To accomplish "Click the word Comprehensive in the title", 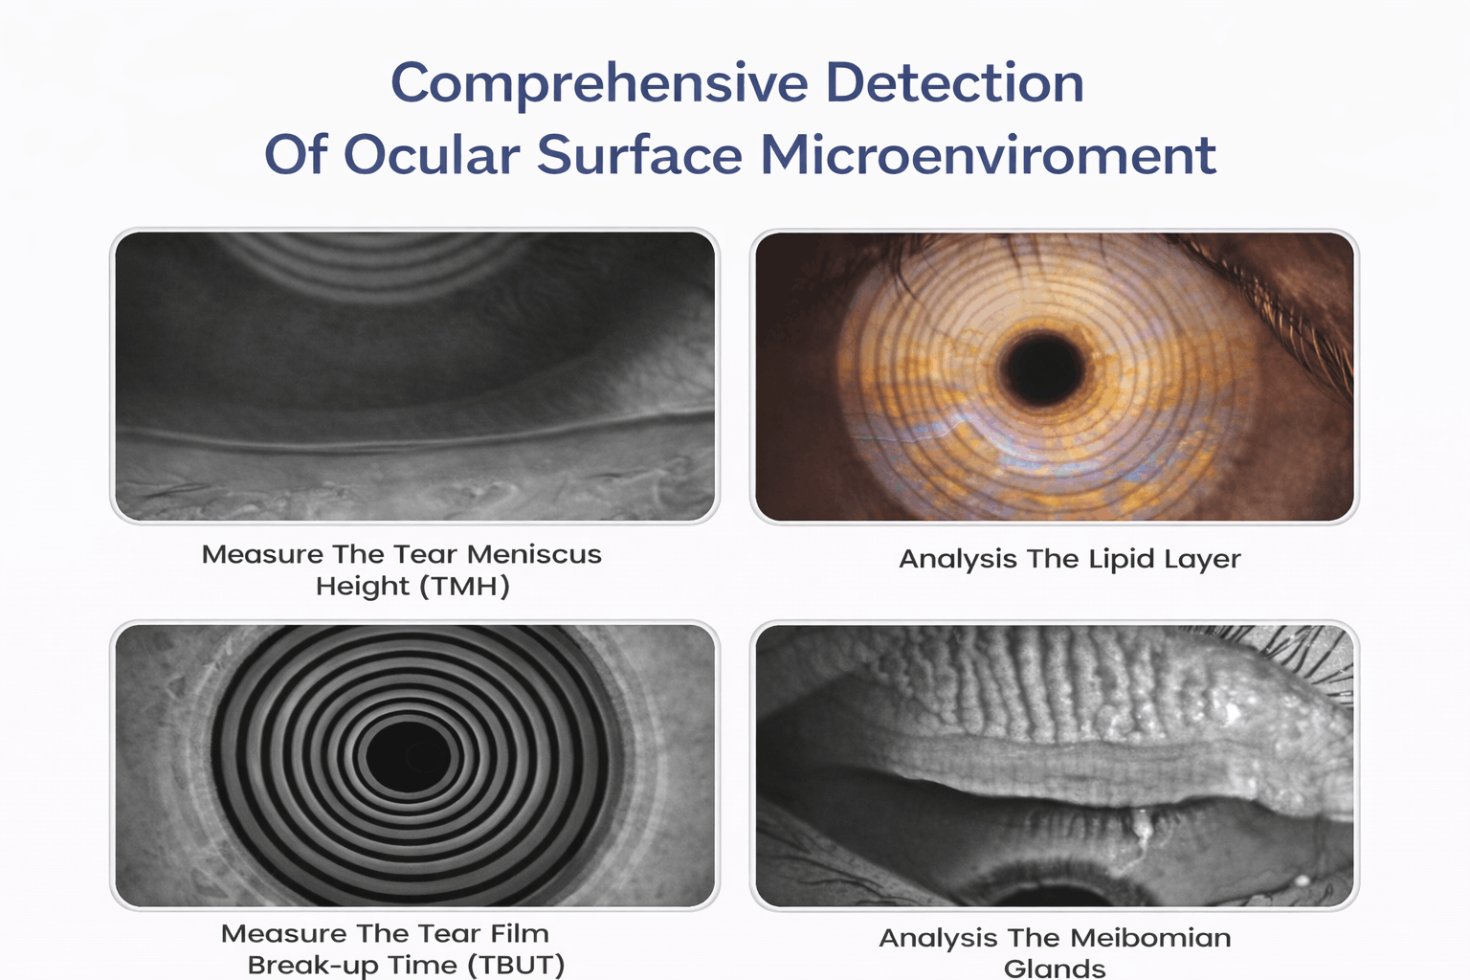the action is coord(599,84).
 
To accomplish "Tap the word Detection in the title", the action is coord(954,82).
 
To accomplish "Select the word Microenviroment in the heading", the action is coord(989,155).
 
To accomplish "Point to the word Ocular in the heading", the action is coord(432,155).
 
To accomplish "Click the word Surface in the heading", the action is coord(640,155).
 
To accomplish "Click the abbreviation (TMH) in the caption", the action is coord(464,586).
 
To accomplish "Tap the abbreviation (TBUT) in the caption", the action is coord(516,965).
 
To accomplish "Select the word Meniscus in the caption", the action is coord(534,555).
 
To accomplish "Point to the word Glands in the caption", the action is coord(1055,969).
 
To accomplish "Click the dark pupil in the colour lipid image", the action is coord(1041,368).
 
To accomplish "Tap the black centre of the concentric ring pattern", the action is coord(408,757).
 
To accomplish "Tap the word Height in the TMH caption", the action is coord(363,586).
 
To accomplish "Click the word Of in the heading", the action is coord(296,155).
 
